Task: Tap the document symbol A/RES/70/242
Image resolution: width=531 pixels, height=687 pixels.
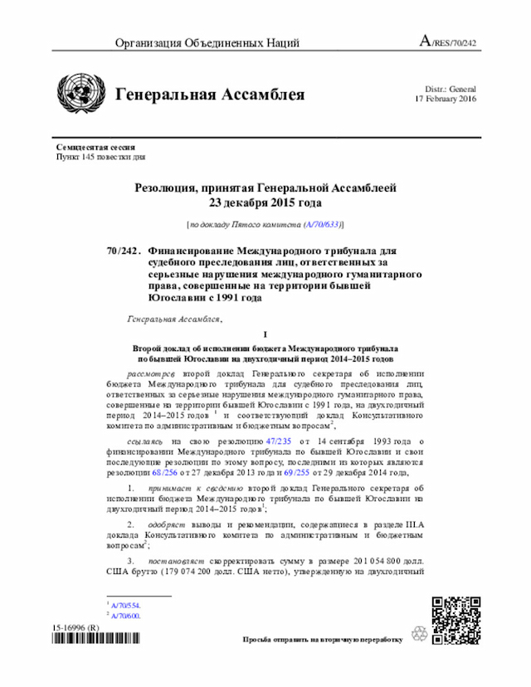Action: click(x=449, y=41)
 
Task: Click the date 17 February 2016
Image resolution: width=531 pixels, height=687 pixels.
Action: click(x=446, y=100)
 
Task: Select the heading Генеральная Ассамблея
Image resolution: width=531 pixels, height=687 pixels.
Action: click(x=210, y=95)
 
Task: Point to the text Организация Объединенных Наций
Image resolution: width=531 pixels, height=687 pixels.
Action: click(x=196, y=42)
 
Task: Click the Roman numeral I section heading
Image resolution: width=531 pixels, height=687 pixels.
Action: click(x=265, y=334)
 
